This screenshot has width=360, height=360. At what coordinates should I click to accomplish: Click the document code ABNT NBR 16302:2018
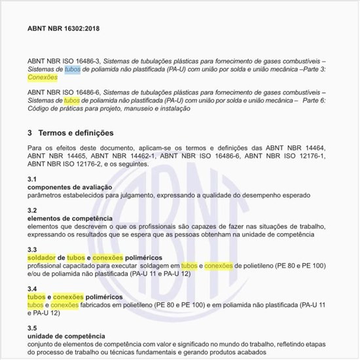pos(64,29)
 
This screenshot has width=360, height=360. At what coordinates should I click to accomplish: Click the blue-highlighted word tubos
pos(73,69)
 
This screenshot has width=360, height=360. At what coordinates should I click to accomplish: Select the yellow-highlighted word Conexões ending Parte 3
pos(41,77)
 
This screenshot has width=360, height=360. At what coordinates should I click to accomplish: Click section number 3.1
pos(32,179)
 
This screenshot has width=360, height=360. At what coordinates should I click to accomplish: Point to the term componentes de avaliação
pos(65,187)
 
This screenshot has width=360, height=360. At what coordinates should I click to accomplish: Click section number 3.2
pos(32,211)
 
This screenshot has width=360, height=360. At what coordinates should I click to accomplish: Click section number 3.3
pos(32,250)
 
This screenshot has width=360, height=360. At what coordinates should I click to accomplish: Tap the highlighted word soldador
pos(42,258)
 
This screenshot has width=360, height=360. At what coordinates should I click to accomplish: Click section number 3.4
pos(32,289)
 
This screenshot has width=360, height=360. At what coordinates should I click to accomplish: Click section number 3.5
pos(32,327)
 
